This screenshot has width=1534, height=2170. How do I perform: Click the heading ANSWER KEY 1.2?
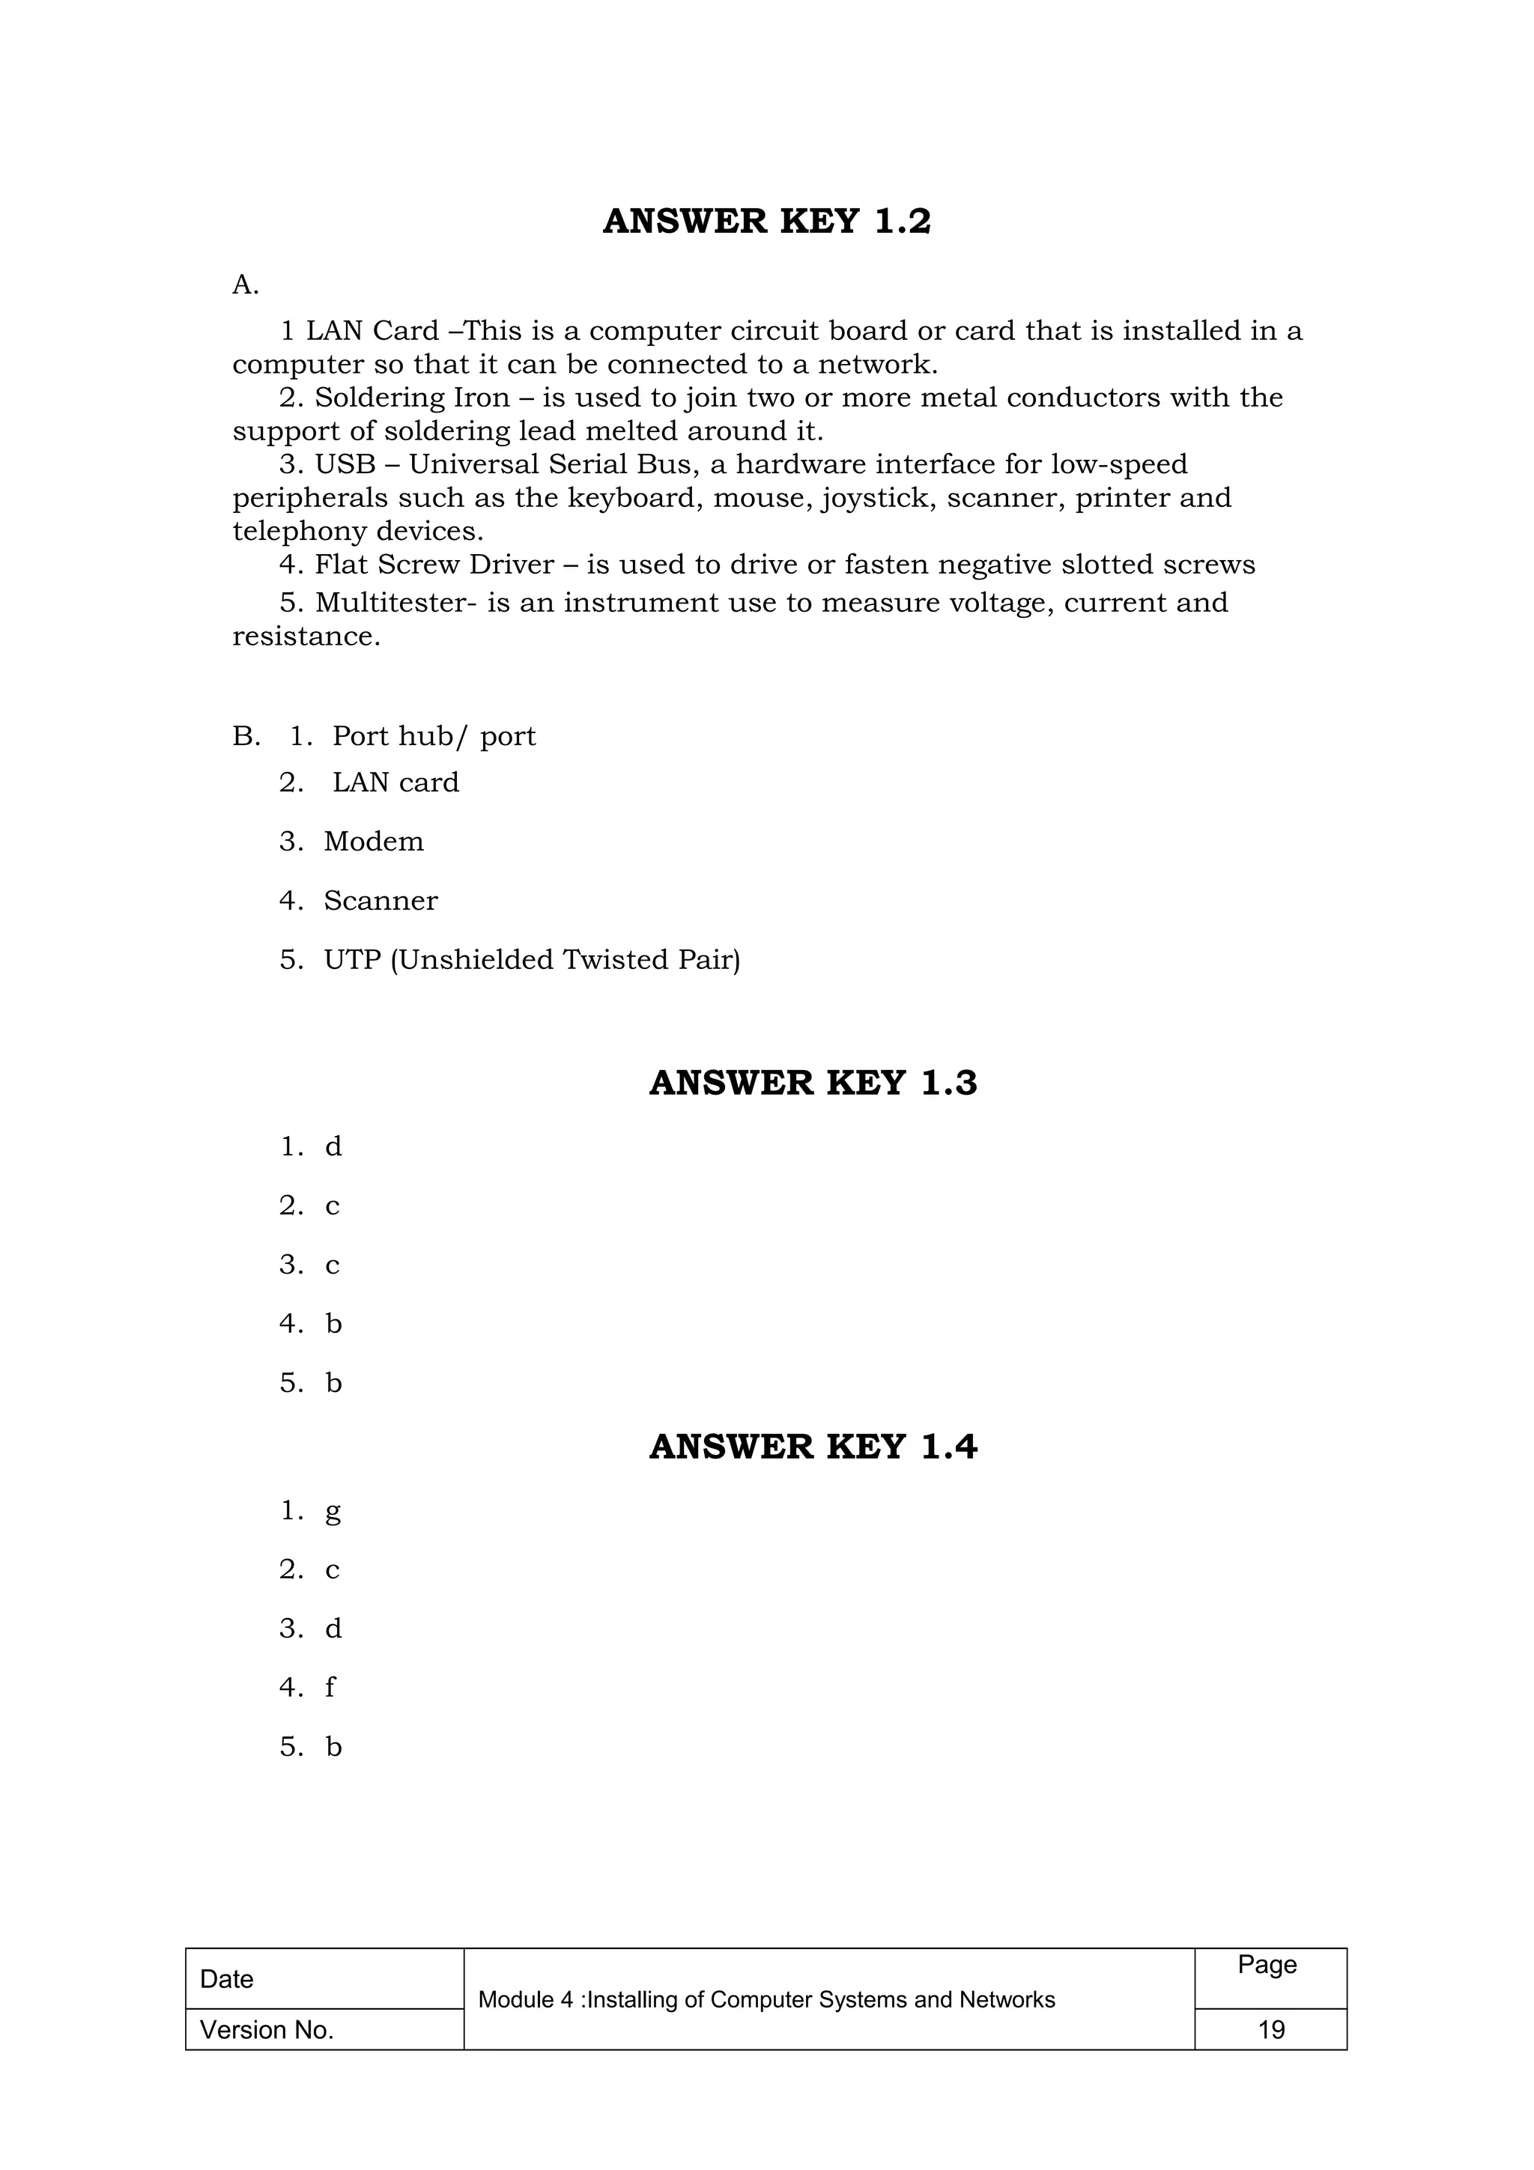pyautogui.click(x=766, y=221)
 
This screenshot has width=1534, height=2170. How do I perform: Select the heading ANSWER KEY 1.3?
pyautogui.click(x=813, y=1083)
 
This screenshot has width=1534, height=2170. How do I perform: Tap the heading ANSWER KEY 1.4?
pyautogui.click(x=813, y=1447)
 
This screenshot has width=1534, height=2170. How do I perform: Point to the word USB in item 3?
pyautogui.click(x=345, y=465)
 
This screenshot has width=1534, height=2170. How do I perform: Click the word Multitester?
pyautogui.click(x=390, y=603)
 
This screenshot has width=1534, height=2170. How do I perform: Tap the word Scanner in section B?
pyautogui.click(x=381, y=901)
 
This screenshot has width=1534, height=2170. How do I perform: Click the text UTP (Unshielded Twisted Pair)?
pyautogui.click(x=532, y=960)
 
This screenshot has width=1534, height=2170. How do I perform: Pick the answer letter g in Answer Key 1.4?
pyautogui.click(x=333, y=1511)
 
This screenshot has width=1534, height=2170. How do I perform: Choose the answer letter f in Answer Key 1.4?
pyautogui.click(x=330, y=1688)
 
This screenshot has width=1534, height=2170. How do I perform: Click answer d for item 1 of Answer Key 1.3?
pyautogui.click(x=333, y=1147)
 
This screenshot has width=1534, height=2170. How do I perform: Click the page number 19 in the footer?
pyautogui.click(x=1270, y=2029)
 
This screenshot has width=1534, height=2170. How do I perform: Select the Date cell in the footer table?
pyautogui.click(x=227, y=1979)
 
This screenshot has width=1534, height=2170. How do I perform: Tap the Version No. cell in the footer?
pyautogui.click(x=267, y=2030)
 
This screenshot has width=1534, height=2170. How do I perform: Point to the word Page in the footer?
pyautogui.click(x=1267, y=1965)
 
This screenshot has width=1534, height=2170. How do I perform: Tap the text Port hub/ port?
pyautogui.click(x=434, y=736)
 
